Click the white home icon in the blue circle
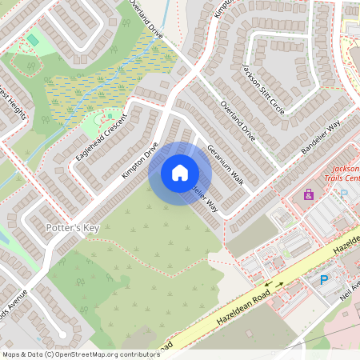coord(180,173)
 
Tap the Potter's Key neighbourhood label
coord(73,229)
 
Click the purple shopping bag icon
coord(309,194)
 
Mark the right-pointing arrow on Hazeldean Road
coord(280,282)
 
